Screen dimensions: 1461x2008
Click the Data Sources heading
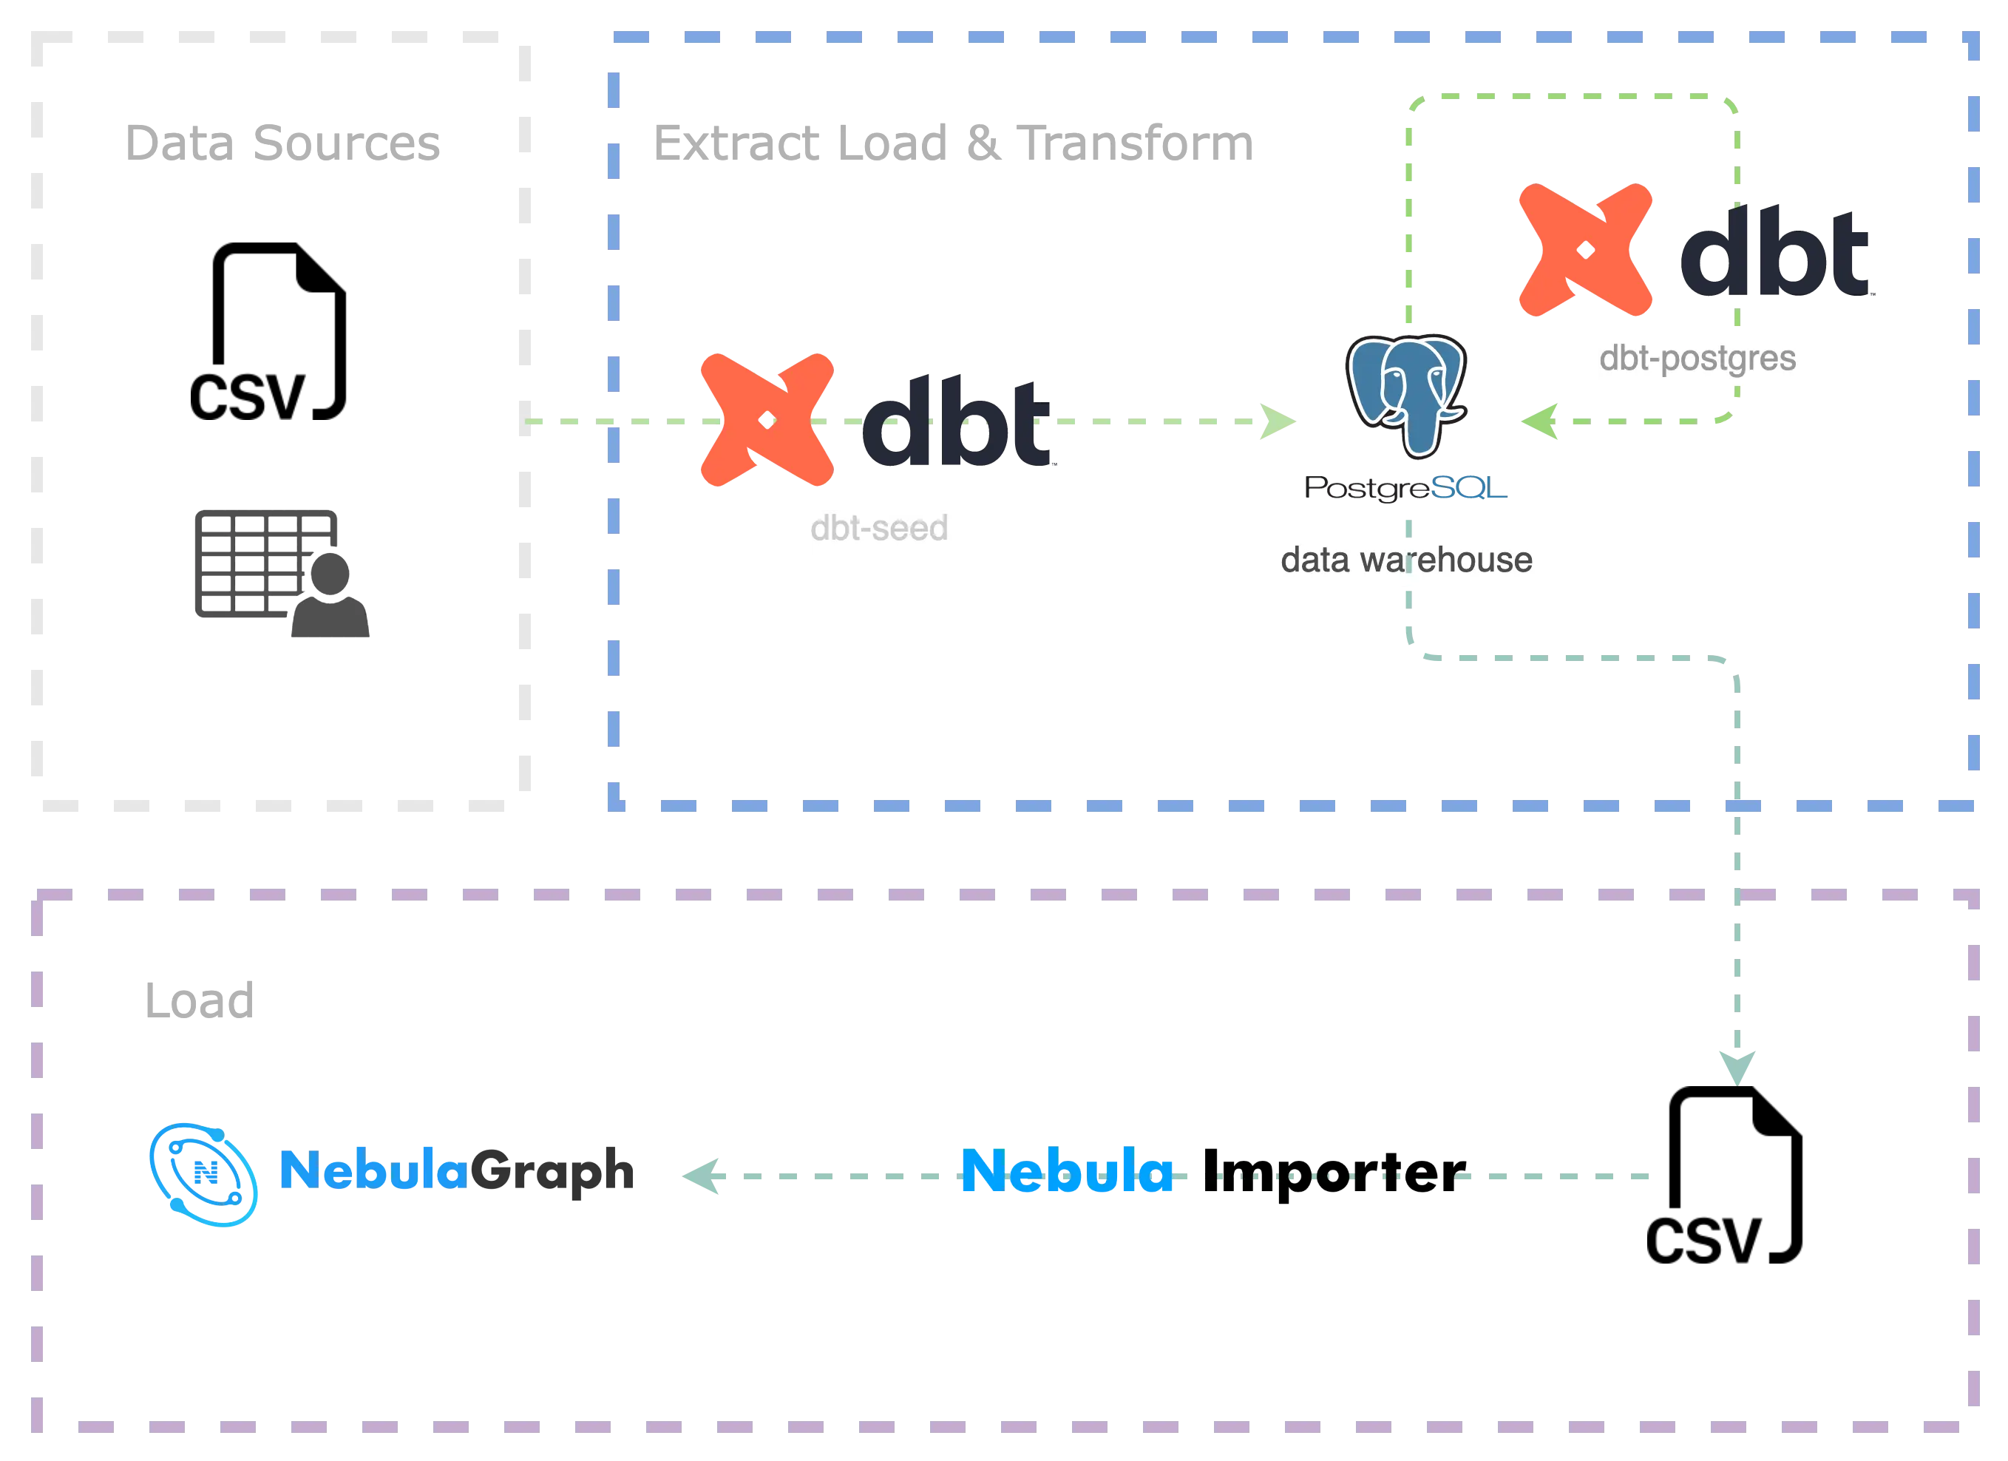click(283, 143)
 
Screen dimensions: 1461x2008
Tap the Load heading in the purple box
click(198, 1000)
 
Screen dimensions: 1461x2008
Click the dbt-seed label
click(883, 529)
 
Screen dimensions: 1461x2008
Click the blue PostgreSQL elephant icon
click(1407, 394)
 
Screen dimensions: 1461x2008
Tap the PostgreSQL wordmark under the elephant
click(1403, 488)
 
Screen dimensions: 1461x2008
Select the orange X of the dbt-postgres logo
click(1585, 251)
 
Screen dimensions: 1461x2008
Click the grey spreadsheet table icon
click(279, 571)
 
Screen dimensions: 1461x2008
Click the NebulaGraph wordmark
click(457, 1170)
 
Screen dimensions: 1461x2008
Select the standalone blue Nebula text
click(1067, 1173)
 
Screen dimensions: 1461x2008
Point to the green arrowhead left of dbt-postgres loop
click(1541, 421)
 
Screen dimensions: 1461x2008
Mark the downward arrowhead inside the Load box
click(1735, 1065)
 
